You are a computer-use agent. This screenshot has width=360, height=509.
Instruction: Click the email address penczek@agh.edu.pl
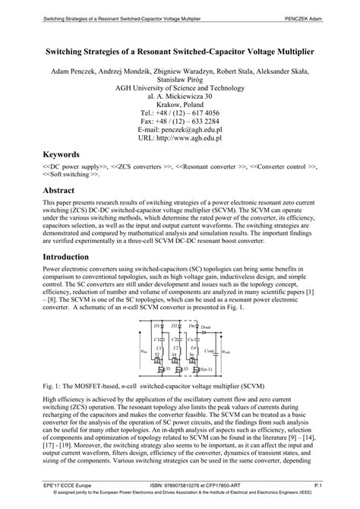coord(179,129)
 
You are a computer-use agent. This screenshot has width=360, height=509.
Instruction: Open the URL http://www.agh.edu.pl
coord(179,138)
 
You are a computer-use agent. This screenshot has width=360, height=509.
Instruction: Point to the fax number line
coord(179,120)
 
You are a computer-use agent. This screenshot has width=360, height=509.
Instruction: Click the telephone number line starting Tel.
coord(179,111)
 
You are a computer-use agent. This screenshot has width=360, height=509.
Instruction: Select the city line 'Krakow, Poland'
coord(179,102)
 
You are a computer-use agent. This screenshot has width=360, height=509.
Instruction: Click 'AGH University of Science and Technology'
coord(179,84)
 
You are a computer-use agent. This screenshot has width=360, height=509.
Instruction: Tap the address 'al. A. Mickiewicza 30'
coord(179,93)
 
